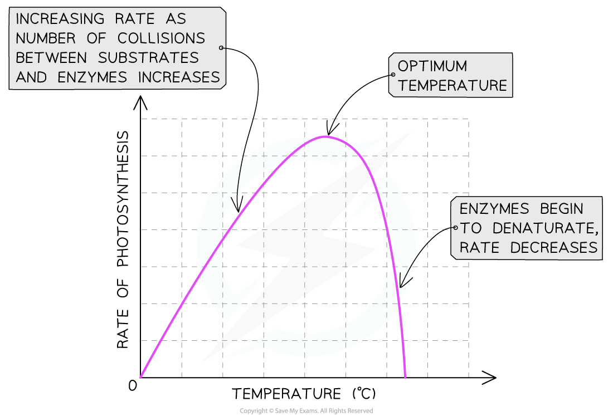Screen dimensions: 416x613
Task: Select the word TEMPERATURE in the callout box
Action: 453,86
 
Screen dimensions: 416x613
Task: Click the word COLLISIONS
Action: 161,38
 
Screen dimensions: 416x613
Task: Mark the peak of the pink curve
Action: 324,136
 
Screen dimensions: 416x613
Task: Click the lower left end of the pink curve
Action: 140,377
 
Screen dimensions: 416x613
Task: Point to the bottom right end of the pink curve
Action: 405,378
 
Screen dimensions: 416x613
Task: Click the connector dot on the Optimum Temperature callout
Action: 393,75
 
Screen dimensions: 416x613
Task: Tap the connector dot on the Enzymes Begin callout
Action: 455,228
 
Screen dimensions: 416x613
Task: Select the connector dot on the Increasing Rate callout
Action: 221,48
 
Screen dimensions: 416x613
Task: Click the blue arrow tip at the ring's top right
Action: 388,136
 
